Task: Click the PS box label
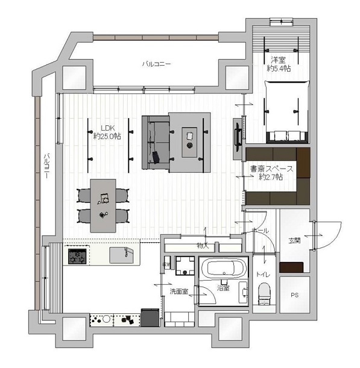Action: tap(294, 295)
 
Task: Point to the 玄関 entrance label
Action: tap(294, 241)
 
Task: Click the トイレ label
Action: tap(263, 275)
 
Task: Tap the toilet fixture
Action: tap(264, 296)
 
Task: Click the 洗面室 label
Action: tap(179, 292)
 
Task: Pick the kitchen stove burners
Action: tap(78, 257)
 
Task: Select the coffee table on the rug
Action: tap(191, 140)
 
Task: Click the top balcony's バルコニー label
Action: tap(157, 63)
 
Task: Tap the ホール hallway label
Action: tap(261, 231)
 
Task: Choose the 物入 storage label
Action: tap(202, 245)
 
